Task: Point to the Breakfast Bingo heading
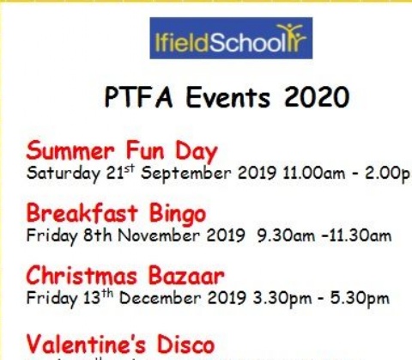[116, 212]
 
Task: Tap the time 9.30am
[281, 234]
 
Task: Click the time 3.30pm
[286, 299]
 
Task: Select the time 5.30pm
[360, 299]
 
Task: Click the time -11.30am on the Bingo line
[352, 234]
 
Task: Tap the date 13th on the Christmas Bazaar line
[82, 298]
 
